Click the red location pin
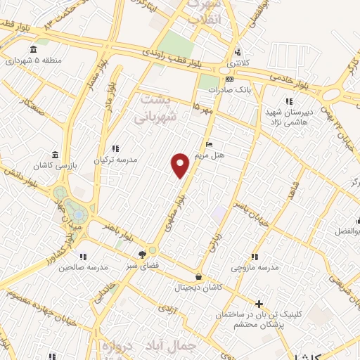[x=181, y=164]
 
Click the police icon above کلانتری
[x=238, y=52]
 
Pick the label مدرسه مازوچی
[x=256, y=268]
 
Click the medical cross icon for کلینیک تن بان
[x=259, y=304]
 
